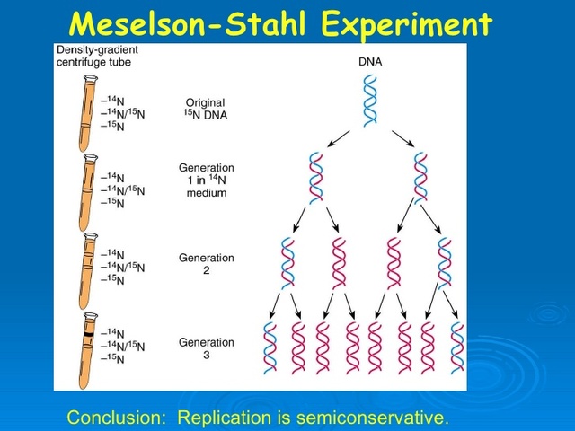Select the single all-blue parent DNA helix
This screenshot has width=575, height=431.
[370, 99]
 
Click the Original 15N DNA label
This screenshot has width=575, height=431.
[207, 109]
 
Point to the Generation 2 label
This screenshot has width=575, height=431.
[207, 263]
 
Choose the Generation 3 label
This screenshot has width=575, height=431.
[207, 347]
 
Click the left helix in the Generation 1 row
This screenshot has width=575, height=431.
[315, 178]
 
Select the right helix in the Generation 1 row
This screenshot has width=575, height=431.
[420, 178]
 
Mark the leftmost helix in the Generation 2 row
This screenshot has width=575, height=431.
[288, 261]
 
